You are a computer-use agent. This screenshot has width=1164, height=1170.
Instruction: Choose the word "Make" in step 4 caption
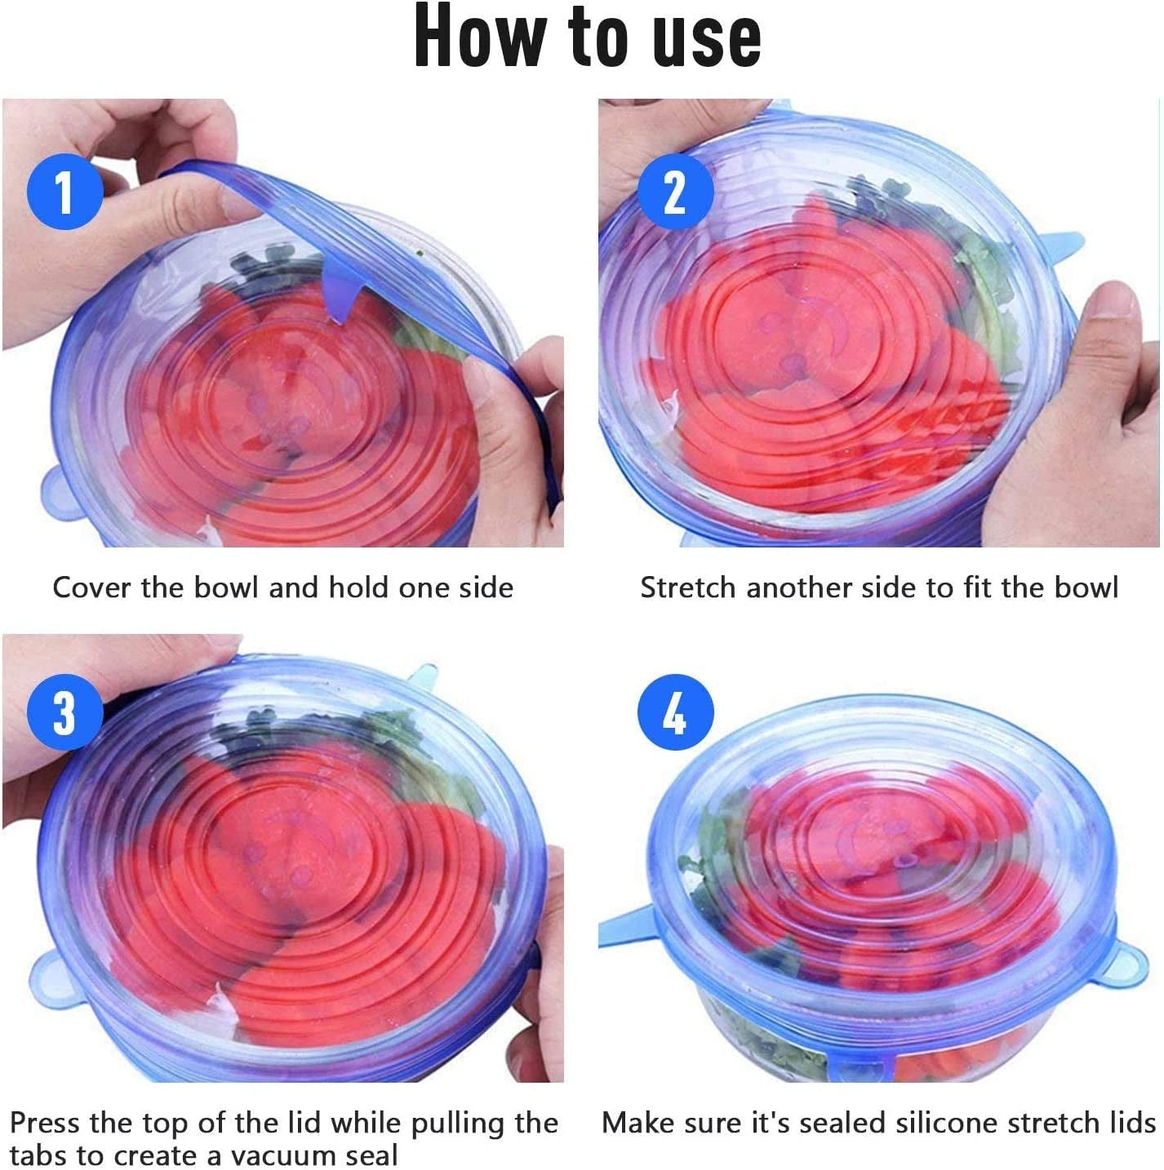pos(637,1123)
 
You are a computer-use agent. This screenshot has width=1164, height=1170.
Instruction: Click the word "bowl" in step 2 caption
pos(1086,587)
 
